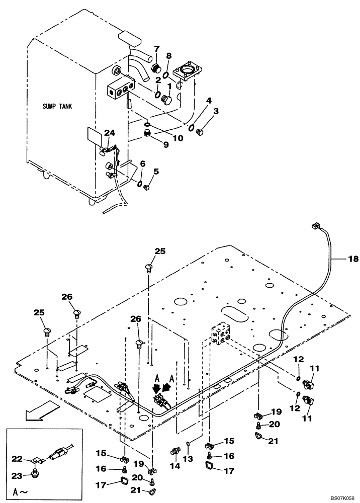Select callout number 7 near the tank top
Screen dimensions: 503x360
pos(156,49)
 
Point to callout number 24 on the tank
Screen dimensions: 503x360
pos(110,133)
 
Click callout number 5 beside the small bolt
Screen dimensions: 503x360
pos(155,171)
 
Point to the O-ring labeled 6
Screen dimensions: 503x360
pos(140,184)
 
